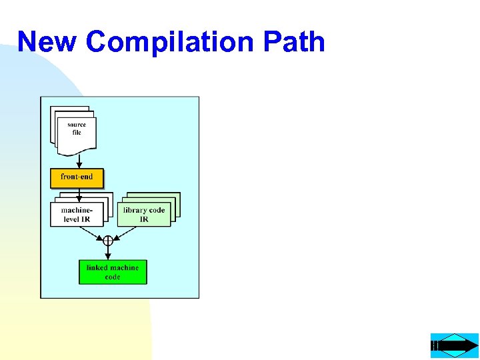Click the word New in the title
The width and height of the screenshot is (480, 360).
[47, 41]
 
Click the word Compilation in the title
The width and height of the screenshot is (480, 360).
[171, 41]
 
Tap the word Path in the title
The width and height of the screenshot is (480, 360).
[293, 41]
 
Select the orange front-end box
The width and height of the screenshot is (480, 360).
[77, 178]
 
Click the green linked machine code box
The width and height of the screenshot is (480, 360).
[113, 272]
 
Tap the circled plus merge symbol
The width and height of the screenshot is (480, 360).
[108, 241]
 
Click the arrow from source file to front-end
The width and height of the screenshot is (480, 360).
[79, 161]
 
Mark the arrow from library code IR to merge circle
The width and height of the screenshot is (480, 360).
[127, 233]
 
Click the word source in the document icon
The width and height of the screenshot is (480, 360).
[77, 125]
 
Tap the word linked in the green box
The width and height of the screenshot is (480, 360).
[97, 268]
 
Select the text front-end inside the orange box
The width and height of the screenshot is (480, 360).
[77, 177]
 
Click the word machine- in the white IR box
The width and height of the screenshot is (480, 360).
[77, 211]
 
